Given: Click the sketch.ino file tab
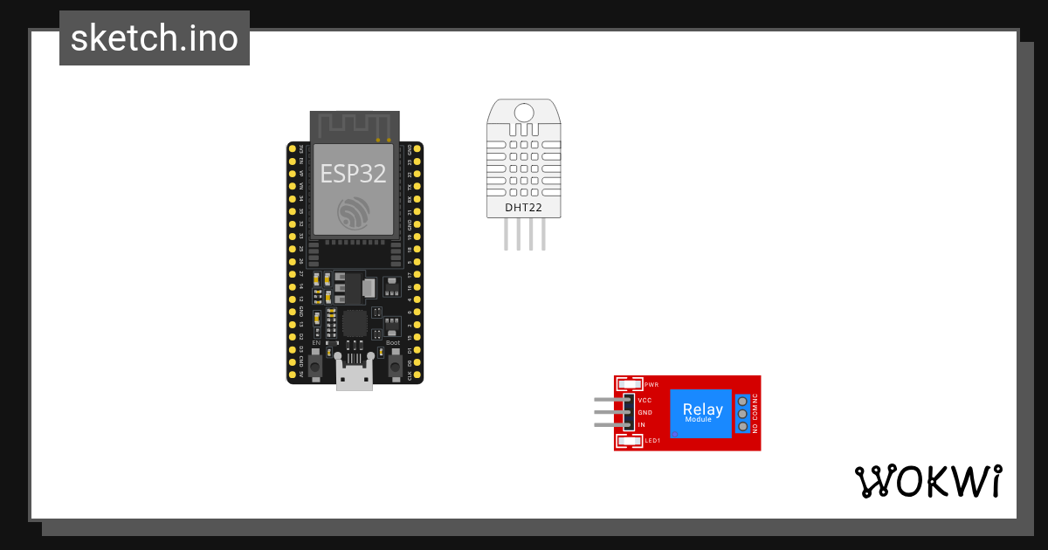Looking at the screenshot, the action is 155,38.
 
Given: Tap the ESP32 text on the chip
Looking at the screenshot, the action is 353,173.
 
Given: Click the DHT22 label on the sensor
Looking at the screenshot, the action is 524,208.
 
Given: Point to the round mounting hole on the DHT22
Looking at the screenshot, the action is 524,113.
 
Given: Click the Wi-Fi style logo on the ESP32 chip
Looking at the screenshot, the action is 354,212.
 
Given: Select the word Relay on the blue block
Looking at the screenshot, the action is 702,409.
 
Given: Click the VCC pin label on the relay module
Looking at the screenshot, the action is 645,400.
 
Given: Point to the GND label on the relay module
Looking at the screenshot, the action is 645,412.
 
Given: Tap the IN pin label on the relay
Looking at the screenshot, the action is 641,424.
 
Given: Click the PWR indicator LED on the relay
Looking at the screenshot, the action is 630,384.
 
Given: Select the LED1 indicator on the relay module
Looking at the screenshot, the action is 630,442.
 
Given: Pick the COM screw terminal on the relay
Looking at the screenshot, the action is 742,413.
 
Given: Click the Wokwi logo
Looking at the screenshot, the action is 928,481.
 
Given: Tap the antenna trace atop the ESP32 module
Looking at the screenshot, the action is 355,125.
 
